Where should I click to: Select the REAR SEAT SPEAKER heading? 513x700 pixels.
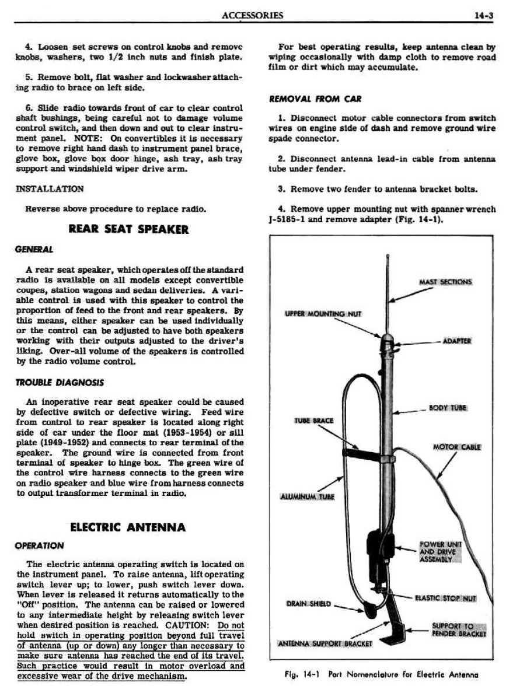pos(129,229)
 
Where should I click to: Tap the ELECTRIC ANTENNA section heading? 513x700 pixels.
pos(128,527)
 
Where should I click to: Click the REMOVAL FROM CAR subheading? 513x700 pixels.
pos(307,99)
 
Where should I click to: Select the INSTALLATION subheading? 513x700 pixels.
pos(49,189)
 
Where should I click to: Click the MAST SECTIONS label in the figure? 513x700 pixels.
pos(445,282)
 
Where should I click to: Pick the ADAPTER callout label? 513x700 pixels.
pos(457,341)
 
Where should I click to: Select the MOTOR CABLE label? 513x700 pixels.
pos(456,447)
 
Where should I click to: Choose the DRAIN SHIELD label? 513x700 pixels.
pos(309,604)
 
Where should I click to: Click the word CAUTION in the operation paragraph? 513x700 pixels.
pos(194,625)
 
